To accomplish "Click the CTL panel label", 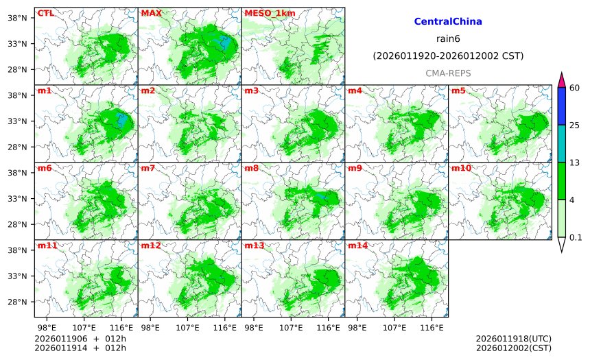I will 45,13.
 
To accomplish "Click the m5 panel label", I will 458,91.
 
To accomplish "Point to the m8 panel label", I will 251,168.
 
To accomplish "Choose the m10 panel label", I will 460,168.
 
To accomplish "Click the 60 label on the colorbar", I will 576,87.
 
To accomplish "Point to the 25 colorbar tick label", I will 576,125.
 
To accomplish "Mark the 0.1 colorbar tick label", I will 576,237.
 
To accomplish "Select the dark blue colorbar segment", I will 561,106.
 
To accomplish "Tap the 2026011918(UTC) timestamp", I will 513,339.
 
